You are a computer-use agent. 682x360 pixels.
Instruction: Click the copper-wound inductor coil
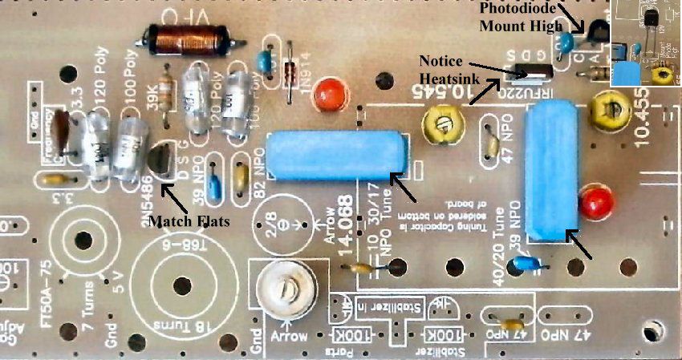pos(187,38)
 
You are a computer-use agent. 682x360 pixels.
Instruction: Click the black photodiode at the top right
pos(597,34)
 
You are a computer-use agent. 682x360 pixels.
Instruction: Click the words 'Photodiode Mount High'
pos(518,17)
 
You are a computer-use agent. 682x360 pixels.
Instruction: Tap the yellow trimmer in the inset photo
pos(661,75)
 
